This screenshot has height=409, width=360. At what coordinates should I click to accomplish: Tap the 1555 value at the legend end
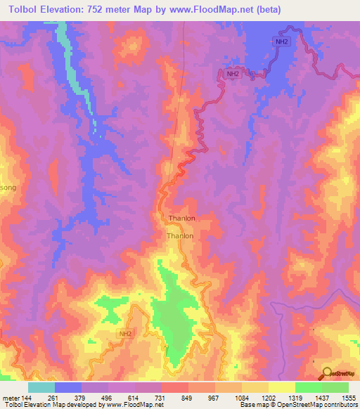point(349,397)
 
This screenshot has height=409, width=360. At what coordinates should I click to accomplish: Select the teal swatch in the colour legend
point(41,387)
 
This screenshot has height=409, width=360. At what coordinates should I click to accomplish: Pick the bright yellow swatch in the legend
point(281,387)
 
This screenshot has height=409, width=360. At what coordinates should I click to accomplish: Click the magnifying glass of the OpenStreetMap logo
point(327,372)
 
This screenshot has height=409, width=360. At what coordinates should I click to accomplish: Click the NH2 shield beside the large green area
point(125,333)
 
